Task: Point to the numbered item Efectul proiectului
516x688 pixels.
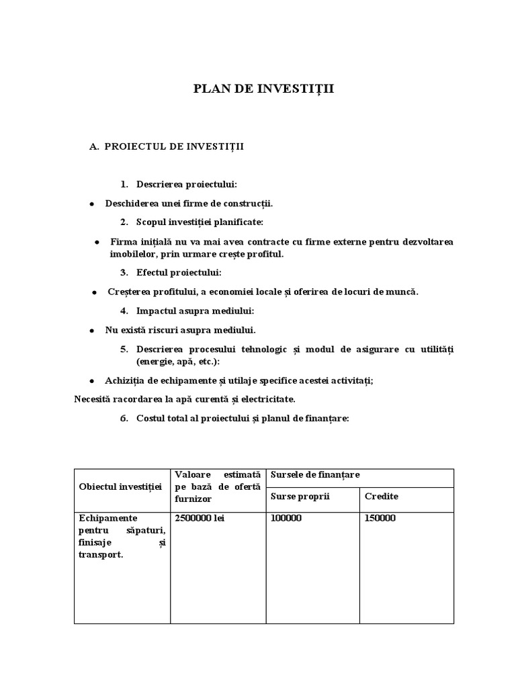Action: pos(178,273)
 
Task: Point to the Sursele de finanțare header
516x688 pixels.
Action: pos(315,475)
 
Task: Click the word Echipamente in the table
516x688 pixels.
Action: pos(107,518)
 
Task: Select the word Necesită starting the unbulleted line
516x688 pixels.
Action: pos(93,399)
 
